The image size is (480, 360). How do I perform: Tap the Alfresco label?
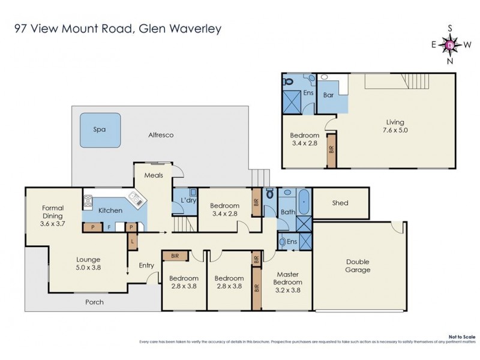160,136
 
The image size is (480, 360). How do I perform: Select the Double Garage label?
357,266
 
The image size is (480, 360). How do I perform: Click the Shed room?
340,203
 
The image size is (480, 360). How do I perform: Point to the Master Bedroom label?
286,282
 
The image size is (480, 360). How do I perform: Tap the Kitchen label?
110,211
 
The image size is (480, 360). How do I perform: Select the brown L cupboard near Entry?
131,242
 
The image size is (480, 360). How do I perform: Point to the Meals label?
155,175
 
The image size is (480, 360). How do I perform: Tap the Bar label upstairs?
328,95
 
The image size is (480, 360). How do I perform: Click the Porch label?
94,302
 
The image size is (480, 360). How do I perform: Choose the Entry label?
146,265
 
